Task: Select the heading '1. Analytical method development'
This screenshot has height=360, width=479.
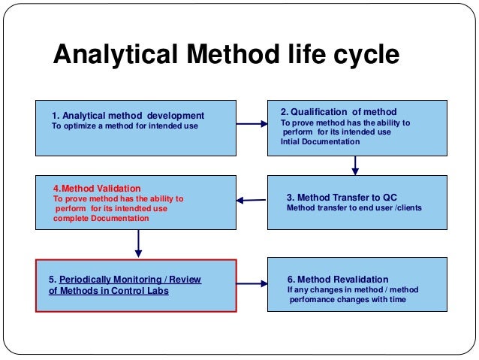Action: click(128, 116)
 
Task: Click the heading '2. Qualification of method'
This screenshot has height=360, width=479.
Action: click(339, 112)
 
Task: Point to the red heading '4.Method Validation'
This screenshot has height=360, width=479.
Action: click(97, 188)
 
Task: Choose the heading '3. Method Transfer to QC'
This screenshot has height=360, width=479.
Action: click(343, 198)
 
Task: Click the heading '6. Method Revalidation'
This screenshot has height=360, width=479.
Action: click(338, 279)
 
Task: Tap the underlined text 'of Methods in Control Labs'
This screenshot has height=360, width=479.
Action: click(109, 290)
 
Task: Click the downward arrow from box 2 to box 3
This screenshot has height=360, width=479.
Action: click(355, 165)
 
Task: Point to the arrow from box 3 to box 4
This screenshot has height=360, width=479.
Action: click(252, 200)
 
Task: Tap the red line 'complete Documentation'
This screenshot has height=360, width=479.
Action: click(101, 219)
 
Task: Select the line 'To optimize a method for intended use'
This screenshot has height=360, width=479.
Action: click(125, 126)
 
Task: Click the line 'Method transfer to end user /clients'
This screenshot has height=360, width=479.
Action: click(354, 208)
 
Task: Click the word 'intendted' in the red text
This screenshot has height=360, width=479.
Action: click(129, 209)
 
